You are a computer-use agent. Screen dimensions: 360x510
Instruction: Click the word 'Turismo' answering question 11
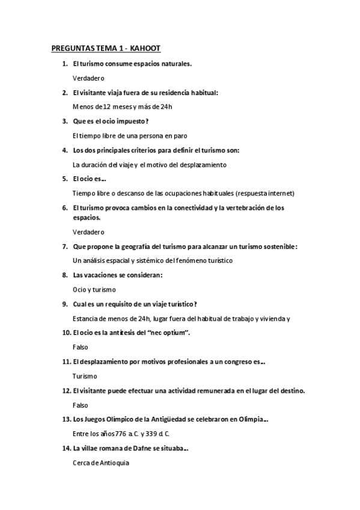85,376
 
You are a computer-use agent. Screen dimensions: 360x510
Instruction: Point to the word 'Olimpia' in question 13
251,419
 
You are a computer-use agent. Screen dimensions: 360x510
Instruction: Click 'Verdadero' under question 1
88,78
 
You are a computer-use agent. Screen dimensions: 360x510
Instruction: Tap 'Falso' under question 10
80,347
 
